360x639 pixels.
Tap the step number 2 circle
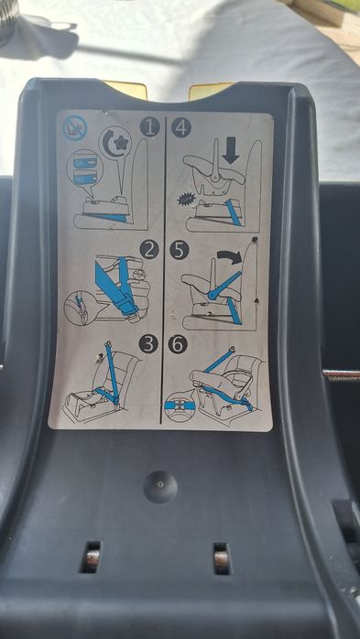coord(149,248)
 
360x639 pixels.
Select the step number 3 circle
coord(148,345)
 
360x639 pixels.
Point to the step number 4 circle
coord(180,127)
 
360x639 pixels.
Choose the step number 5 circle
coord(180,249)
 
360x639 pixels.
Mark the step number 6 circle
coord(180,345)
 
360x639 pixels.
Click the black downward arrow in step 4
coord(230,151)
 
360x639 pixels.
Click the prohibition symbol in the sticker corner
coord(72,127)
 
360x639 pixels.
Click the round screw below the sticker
coord(160,485)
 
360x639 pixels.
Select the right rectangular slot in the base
coord(220,556)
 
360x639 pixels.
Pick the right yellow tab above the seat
coord(211,90)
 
